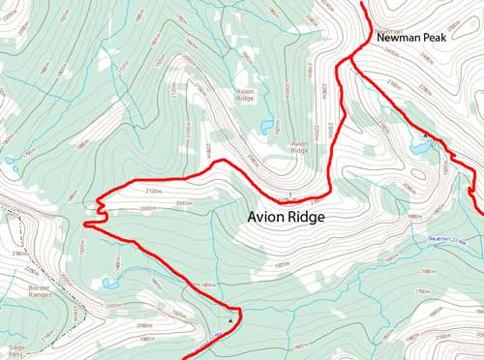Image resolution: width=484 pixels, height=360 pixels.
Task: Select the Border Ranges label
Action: (20, 293)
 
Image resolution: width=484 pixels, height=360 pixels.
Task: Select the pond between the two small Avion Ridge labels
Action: (266, 126)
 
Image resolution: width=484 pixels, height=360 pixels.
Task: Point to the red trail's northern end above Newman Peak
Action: (364, 4)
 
